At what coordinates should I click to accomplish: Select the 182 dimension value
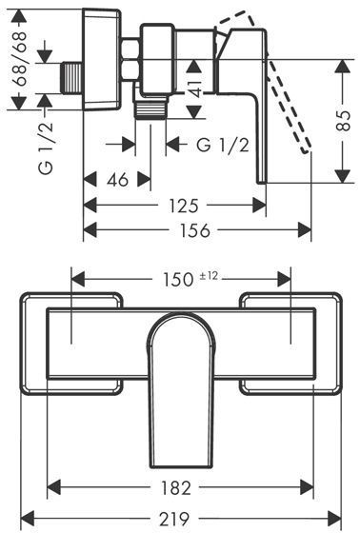pyautogui.click(x=175, y=488)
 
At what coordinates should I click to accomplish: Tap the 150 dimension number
pyautogui.click(x=177, y=280)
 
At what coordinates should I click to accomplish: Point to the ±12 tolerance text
pyautogui.click(x=208, y=276)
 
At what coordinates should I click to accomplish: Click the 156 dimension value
pyautogui.click(x=195, y=230)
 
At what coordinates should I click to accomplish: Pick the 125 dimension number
pyautogui.click(x=184, y=206)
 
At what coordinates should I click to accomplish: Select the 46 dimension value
pyautogui.click(x=118, y=179)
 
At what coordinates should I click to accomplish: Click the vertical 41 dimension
pyautogui.click(x=194, y=89)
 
